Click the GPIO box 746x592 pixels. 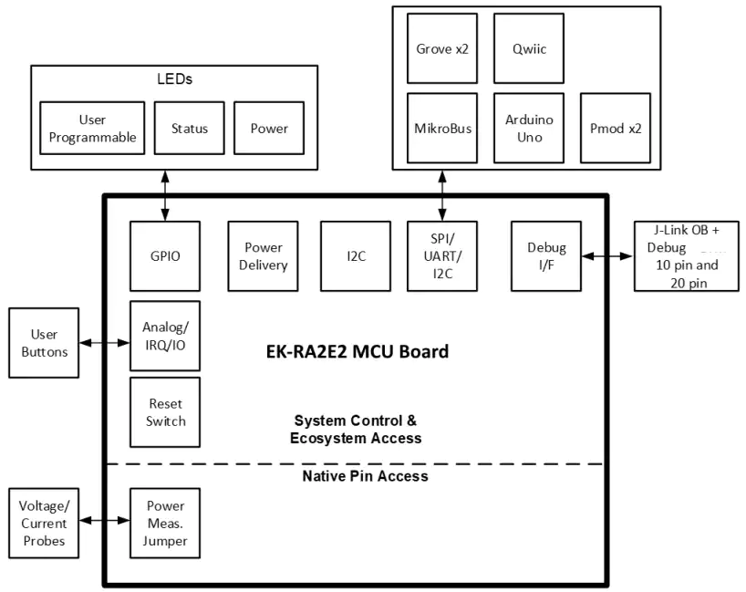tap(165, 256)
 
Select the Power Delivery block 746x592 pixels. tap(263, 256)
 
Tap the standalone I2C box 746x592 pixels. tap(356, 256)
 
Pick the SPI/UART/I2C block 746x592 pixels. tap(442, 256)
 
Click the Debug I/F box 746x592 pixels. tap(546, 256)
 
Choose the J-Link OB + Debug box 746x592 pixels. tap(687, 256)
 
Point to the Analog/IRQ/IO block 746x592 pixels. tap(165, 336)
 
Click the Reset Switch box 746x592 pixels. tap(165, 412)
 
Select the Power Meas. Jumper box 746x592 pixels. tap(165, 523)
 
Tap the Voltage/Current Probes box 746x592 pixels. tap(44, 523)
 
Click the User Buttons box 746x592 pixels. tap(44, 343)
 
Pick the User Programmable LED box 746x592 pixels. tap(92, 128)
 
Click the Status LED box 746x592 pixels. tap(190, 128)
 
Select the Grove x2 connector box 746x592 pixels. tap(442, 48)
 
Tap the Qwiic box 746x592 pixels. tap(529, 48)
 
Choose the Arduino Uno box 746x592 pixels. tap(529, 128)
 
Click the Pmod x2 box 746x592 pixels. tap(616, 128)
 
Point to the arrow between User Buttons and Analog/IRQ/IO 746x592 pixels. tap(104, 343)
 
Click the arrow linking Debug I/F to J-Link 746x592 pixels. tap(607, 256)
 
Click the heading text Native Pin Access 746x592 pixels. tap(366, 476)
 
